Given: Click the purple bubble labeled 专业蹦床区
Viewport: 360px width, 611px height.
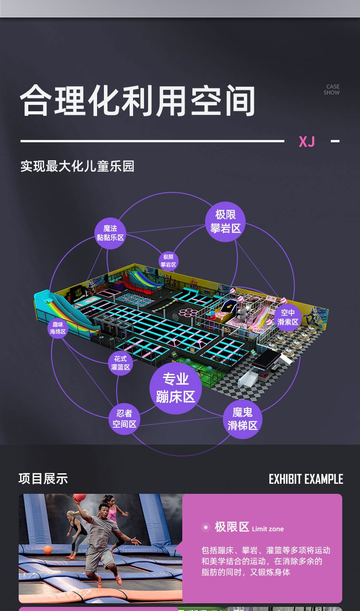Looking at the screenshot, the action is [175, 388].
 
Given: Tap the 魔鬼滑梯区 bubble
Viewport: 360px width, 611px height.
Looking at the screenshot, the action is [242, 419].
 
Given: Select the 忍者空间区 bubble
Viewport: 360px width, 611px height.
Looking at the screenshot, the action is [124, 419].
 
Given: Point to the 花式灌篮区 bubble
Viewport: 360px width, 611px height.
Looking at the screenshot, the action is [120, 363].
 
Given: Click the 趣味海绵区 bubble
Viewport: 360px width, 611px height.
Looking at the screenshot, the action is [58, 328].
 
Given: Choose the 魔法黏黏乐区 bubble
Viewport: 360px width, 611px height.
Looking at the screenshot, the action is [110, 233].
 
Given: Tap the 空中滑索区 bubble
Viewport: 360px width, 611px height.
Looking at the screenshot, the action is [288, 317].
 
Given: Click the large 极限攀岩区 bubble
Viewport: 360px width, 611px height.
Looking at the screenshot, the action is [226, 222].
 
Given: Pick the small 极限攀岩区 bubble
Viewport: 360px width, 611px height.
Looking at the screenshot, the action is [169, 261].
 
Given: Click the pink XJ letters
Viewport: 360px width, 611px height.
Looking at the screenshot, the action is [307, 141].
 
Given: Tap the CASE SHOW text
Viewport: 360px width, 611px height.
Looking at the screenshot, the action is [332, 89].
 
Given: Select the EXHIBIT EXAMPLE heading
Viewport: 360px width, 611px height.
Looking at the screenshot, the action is [306, 479].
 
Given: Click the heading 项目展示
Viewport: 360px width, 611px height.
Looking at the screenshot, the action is [43, 479].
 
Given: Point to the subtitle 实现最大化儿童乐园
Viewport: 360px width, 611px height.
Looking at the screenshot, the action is [77, 166].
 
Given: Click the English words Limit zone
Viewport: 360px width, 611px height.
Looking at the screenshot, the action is [268, 529].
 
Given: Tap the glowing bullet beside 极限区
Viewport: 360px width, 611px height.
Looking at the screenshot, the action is [206, 527].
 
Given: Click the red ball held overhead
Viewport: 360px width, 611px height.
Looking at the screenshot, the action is [79, 498].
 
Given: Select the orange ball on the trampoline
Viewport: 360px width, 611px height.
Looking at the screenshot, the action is [48, 549].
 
